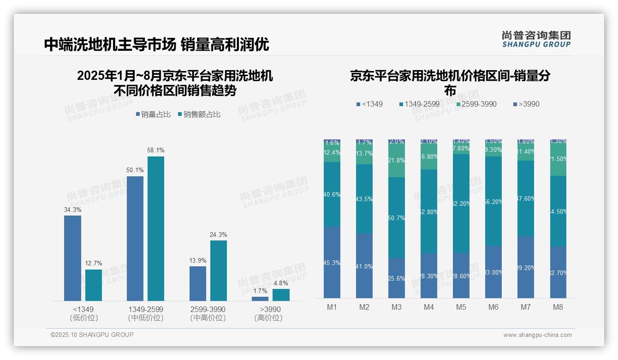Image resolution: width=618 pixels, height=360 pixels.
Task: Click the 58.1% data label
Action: pyautogui.click(x=156, y=150)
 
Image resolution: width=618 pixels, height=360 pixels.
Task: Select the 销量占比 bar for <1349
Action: pyautogui.click(x=72, y=258)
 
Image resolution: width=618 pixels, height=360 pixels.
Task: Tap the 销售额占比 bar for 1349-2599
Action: pyautogui.click(x=156, y=228)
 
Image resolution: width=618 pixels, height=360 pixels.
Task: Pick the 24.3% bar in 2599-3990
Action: pyautogui.click(x=219, y=270)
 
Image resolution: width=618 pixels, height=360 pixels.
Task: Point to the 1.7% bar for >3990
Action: pyautogui.click(x=260, y=299)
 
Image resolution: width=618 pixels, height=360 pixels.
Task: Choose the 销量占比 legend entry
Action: pyautogui.click(x=153, y=114)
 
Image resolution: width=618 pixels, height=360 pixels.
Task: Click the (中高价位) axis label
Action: pyautogui.click(x=208, y=318)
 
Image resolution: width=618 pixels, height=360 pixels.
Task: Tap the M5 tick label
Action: pyautogui.click(x=461, y=307)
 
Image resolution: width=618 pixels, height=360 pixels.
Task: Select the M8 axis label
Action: pyautogui.click(x=558, y=307)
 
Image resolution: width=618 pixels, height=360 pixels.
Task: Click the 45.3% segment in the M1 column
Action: pyautogui.click(x=332, y=262)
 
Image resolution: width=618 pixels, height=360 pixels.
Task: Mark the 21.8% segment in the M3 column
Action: pyautogui.click(x=397, y=161)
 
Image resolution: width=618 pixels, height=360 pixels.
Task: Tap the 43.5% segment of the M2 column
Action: pyautogui.click(x=364, y=198)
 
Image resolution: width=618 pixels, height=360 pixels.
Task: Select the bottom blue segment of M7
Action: pyautogui.click(x=526, y=267)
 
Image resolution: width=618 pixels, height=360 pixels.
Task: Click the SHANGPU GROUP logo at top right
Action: pyautogui.click(x=536, y=39)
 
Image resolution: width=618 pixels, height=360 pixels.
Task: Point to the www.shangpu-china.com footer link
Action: pyautogui.click(x=537, y=335)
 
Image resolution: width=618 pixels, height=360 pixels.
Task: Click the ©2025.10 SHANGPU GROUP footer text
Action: pyautogui.click(x=92, y=335)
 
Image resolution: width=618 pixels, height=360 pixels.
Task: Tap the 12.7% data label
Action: pyautogui.click(x=94, y=264)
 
